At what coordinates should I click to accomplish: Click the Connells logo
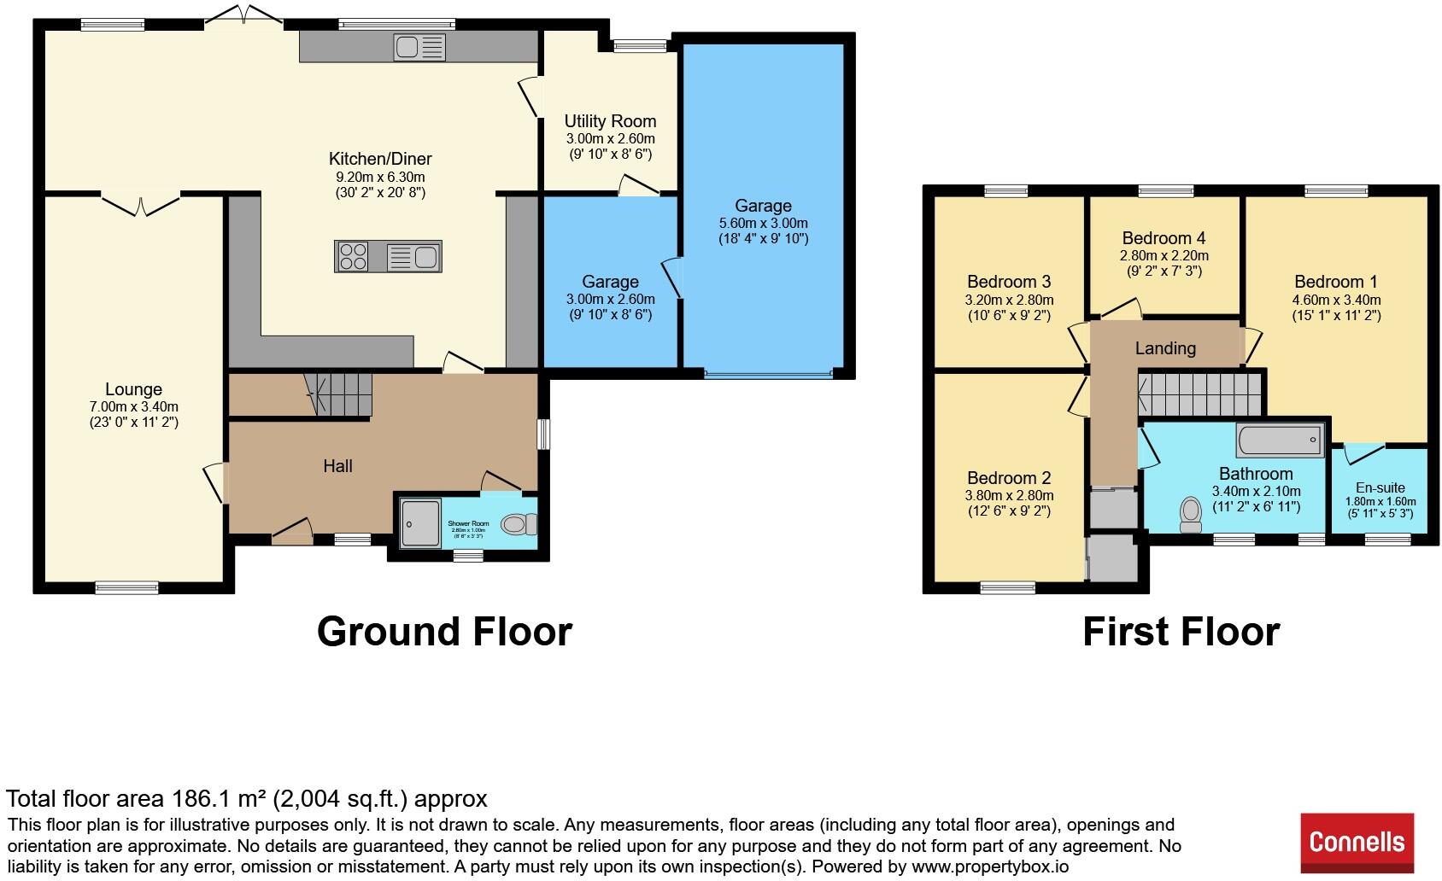[1357, 842]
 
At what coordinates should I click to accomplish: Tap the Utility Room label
[610, 121]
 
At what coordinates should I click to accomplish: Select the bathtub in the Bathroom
[1280, 440]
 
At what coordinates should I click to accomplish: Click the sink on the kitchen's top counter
[419, 47]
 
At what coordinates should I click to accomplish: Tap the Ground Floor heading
[444, 632]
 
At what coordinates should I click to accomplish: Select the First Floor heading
[1181, 632]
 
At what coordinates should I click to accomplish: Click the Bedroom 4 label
[1164, 238]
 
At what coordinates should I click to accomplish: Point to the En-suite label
[1380, 488]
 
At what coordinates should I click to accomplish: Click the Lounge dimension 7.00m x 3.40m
[133, 406]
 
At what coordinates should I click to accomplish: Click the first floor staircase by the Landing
[1199, 394]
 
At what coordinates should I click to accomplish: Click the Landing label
[1164, 348]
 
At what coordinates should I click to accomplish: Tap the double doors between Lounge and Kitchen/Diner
[141, 203]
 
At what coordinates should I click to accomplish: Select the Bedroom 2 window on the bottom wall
[1007, 587]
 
